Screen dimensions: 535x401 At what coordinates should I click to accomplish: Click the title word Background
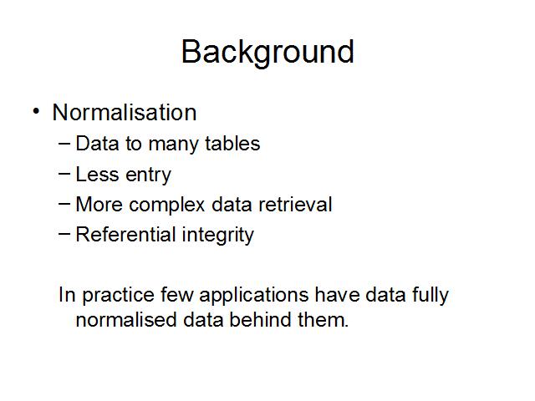point(267,52)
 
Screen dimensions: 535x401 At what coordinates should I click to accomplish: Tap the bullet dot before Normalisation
point(36,111)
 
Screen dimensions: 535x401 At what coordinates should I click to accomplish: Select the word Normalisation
point(125,112)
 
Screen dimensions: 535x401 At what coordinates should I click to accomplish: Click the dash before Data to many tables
point(64,143)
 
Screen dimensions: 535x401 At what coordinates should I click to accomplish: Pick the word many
point(172,145)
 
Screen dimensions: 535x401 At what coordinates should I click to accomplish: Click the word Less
point(97,175)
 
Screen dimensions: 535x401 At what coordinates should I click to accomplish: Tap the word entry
point(149,175)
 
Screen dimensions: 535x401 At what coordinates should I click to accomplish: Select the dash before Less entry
point(64,174)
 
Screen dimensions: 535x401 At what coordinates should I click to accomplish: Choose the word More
point(99,204)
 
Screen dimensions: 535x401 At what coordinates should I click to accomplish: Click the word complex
point(167,205)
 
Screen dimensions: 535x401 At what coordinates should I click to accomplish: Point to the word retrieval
point(295,204)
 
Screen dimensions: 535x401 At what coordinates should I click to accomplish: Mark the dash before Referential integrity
point(64,234)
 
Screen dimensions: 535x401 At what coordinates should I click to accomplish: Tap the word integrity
point(218,236)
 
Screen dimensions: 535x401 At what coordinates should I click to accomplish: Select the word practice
point(119,296)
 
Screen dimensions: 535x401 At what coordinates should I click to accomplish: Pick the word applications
point(253,296)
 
